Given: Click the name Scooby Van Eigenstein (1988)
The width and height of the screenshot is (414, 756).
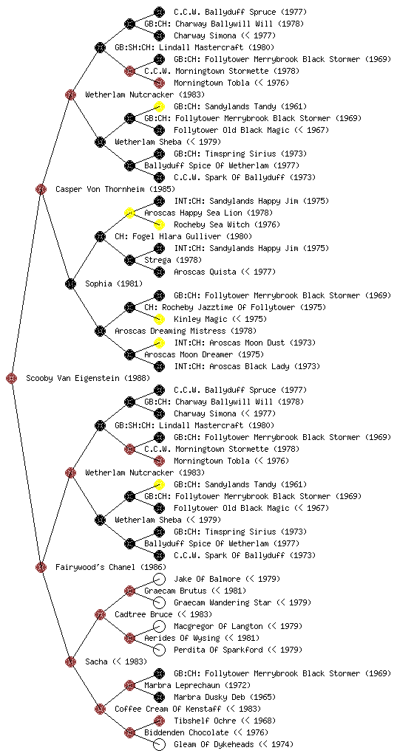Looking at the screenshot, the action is pos(88,378).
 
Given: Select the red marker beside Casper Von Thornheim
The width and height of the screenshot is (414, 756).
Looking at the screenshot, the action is pos(41,189).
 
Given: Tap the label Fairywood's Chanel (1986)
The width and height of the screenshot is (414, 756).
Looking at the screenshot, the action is pos(110,567).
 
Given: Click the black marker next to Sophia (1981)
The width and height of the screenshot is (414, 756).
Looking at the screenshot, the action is pos(70,283).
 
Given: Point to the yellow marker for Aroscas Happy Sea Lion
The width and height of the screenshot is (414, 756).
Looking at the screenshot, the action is pos(129,213).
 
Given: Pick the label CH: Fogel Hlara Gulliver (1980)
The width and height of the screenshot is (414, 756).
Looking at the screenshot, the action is pos(183,236).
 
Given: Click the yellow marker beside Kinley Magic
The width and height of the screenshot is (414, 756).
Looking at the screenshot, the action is pos(159,319).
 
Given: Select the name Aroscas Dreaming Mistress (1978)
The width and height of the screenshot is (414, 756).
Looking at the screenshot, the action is pos(186,331).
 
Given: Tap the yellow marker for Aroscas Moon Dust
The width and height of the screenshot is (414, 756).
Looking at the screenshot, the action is pos(159,343).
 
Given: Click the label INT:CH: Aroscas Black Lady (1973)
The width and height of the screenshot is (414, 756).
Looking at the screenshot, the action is pos(247,366).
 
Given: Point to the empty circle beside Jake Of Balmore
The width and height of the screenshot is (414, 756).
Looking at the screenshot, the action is pos(159,579).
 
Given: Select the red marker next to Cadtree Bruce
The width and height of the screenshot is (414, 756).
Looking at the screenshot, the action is pos(100,614).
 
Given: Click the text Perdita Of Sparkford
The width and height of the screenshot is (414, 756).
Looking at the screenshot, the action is pos(218,650).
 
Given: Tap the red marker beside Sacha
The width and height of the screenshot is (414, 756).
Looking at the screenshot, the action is pos(70,661).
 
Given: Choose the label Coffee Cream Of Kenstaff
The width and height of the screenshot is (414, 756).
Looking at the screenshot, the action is pos(168,709).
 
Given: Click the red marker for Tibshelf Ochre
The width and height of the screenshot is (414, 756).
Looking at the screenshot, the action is pos(159,721).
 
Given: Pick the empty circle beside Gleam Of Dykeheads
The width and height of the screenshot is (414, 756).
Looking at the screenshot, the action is pos(159,744).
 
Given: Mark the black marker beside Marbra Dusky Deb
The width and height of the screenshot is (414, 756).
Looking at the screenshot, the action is pos(159,697).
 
